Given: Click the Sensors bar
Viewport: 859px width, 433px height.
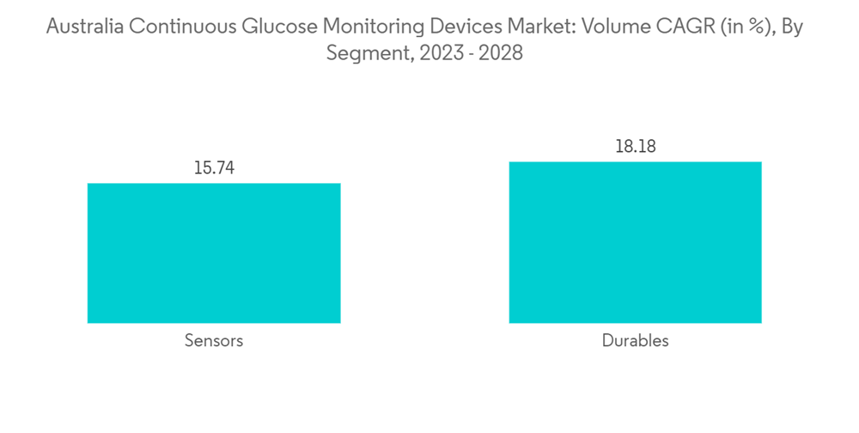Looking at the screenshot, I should click(x=214, y=253).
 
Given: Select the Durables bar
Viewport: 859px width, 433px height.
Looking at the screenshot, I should click(x=635, y=242).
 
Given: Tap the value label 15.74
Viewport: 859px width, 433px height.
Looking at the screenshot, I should click(x=214, y=168).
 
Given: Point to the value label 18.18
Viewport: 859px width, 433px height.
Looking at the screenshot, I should click(x=635, y=147).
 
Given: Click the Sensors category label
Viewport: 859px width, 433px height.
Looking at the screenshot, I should click(x=214, y=341).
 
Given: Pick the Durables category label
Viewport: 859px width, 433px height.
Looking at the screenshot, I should click(x=635, y=341).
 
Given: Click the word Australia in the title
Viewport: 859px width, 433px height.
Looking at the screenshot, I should click(x=84, y=27).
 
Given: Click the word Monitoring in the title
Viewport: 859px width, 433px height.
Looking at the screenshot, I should click(x=367, y=27).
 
